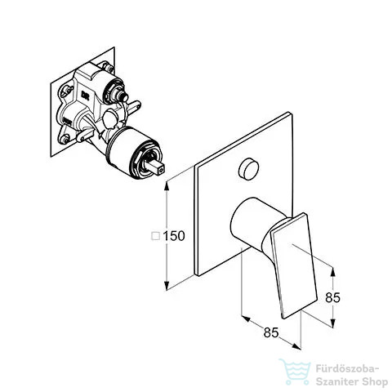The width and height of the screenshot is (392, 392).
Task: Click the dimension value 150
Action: pos(174,236)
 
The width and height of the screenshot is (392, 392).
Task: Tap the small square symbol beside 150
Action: pos(155,236)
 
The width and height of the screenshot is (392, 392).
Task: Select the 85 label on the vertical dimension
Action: pos(332,297)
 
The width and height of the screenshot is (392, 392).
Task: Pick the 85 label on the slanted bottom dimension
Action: pos(271,332)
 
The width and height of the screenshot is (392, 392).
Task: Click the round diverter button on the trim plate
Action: pos(248,170)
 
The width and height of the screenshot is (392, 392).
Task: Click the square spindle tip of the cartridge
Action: pos(158,167)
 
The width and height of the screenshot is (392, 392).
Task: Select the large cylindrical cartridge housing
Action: pos(130,152)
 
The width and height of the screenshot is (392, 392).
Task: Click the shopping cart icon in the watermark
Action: pos(296,372)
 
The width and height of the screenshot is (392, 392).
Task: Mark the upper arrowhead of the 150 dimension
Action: pos(167,185)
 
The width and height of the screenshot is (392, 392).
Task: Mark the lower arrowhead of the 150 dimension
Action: pos(167,286)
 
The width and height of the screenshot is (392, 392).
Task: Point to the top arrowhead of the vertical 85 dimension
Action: pos(332,272)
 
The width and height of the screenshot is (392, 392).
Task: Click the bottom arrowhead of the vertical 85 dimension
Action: pos(332,323)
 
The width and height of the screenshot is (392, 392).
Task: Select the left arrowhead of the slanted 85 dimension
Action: pos(246,318)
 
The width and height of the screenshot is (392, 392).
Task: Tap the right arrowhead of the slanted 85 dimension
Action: pos(296,346)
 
